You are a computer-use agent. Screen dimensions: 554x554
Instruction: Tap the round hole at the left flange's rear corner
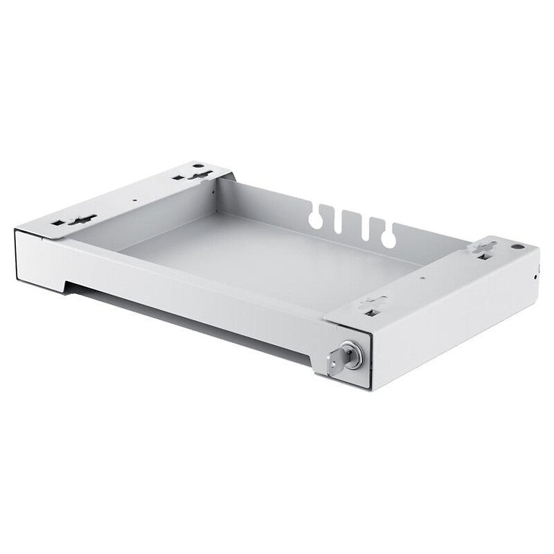tap(199, 166)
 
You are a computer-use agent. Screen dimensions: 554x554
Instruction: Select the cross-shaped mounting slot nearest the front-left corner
tap(83, 220)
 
